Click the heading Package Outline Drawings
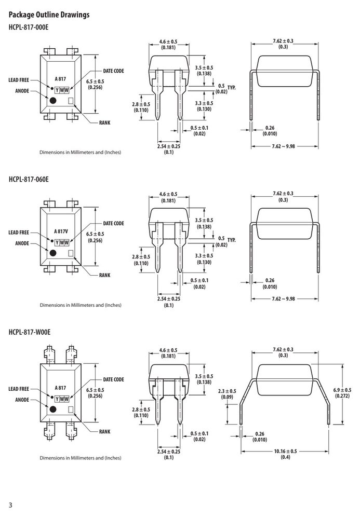pyautogui.click(x=49, y=15)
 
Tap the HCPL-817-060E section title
pyautogui.click(x=29, y=179)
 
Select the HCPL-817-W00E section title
pyautogui.click(x=30, y=332)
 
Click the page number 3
pyautogui.click(x=10, y=505)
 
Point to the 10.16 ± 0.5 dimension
pyautogui.click(x=285, y=451)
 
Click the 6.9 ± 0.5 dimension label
pyautogui.click(x=342, y=390)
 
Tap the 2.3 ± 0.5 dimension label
pyautogui.click(x=227, y=391)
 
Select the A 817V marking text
pyautogui.click(x=61, y=231)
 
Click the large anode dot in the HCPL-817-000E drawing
pyautogui.click(x=52, y=101)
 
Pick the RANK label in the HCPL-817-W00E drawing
pyautogui.click(x=104, y=431)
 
